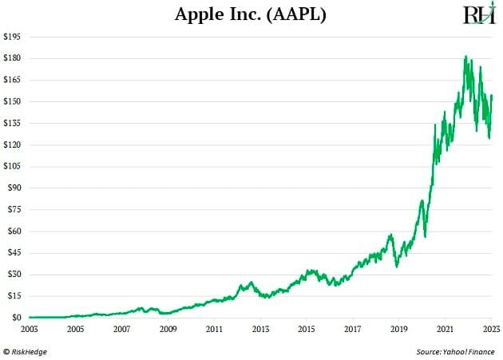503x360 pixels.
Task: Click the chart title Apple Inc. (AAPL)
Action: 251,14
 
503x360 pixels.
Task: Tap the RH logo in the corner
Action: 479,14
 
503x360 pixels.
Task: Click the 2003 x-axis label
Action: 29,328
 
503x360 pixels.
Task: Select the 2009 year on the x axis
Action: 168,328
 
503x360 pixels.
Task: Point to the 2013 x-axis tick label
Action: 260,328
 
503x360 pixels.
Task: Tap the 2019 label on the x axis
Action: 399,328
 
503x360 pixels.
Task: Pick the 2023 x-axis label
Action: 490,328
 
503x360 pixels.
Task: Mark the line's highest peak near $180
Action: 465,57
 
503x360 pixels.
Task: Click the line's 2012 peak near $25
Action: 251,282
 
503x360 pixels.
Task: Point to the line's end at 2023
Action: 492,95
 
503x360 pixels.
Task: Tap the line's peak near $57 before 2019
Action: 390,235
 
